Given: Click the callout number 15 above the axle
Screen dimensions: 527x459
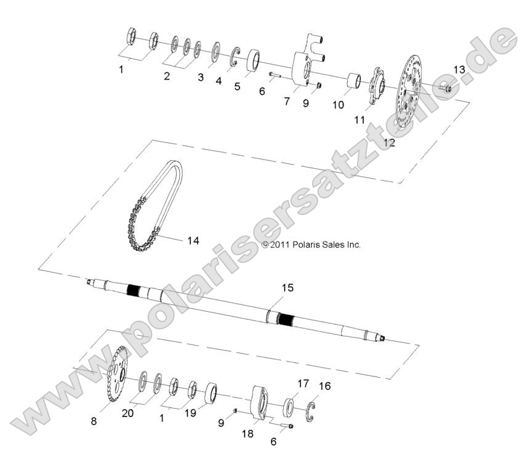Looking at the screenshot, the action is pyautogui.click(x=288, y=288).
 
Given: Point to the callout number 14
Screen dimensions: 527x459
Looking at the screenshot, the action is pyautogui.click(x=193, y=241).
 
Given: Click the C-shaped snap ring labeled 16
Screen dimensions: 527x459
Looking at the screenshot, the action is pyautogui.click(x=310, y=412).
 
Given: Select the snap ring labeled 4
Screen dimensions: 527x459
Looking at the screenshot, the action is pyautogui.click(x=235, y=57).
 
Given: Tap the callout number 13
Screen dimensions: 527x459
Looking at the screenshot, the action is pyautogui.click(x=459, y=70).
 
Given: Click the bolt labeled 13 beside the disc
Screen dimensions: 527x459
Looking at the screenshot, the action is pyautogui.click(x=445, y=89).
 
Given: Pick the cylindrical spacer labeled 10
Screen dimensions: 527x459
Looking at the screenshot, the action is pyautogui.click(x=354, y=81).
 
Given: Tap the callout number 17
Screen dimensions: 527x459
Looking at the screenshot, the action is pyautogui.click(x=303, y=383).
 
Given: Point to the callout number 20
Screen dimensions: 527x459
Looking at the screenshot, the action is pyautogui.click(x=127, y=413).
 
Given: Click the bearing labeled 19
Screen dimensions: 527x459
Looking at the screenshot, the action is pyautogui.click(x=211, y=392).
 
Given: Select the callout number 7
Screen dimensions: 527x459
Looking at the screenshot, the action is pyautogui.click(x=286, y=101).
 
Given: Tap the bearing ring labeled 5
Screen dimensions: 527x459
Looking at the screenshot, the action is pyautogui.click(x=254, y=60).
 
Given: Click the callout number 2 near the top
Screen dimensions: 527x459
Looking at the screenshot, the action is pyautogui.click(x=167, y=76).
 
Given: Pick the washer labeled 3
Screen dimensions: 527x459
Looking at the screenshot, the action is pyautogui.click(x=215, y=52).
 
